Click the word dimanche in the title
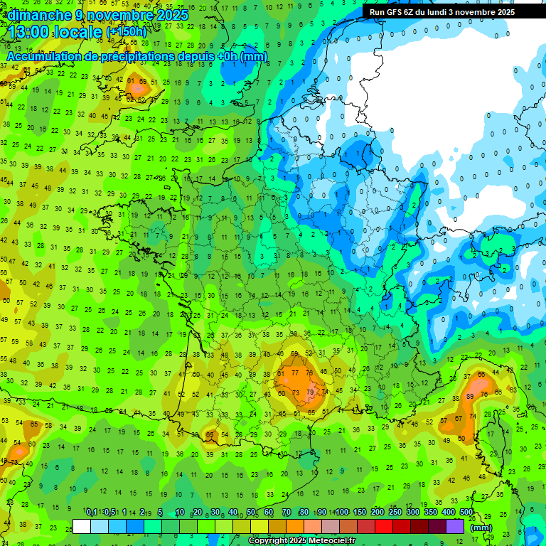pyautogui.click(x=39, y=15)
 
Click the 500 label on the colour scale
pyautogui.click(x=466, y=513)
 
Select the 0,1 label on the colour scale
pyautogui.click(x=92, y=513)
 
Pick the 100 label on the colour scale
pyautogui.click(x=342, y=513)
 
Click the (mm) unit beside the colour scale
pyautogui.click(x=481, y=528)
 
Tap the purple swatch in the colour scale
pyautogui.click(x=455, y=527)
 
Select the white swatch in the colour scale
pyautogui.click(x=82, y=527)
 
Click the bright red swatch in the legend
pyautogui.click(x=384, y=527)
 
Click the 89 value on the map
pyautogui.click(x=470, y=396)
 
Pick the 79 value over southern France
pyautogui.click(x=310, y=392)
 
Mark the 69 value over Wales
pyautogui.click(x=143, y=82)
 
